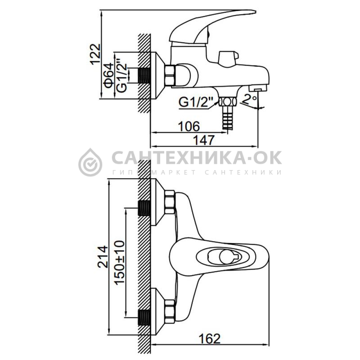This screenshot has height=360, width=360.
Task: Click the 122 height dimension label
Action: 95,54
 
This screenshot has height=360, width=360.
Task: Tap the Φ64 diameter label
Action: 108,76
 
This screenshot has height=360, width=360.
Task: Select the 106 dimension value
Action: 189,126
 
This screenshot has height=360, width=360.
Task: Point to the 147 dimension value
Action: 204,140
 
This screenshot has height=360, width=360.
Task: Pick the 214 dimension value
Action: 103,256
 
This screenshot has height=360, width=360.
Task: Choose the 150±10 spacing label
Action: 120,263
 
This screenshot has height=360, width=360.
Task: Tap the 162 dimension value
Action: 209,339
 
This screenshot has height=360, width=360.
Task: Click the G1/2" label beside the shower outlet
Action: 196,102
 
